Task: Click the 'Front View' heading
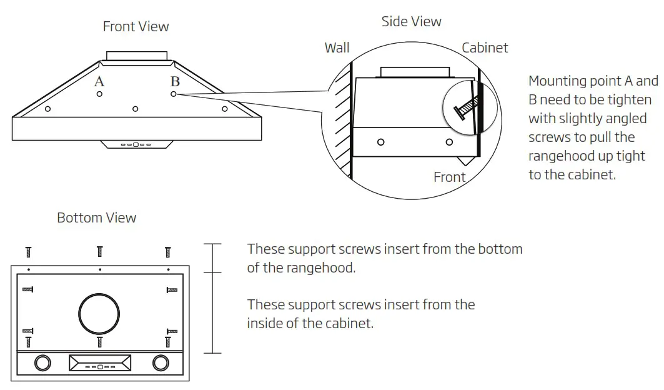pos(136,26)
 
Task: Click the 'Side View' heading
pos(411,21)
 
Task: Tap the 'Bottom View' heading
pos(96,217)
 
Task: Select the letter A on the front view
pos(99,81)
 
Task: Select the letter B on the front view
pos(175,81)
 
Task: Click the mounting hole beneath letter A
pos(100,94)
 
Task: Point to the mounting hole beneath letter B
pos(174,94)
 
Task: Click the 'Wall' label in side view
pos(337,48)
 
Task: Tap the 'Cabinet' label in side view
pos(485,48)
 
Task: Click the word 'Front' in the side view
pos(450,177)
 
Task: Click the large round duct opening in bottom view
pos(99,313)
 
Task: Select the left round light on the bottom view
pos(43,362)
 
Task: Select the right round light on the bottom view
pos(160,362)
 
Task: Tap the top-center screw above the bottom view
pos(100,251)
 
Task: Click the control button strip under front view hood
pos(136,144)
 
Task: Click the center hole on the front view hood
pos(135,109)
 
